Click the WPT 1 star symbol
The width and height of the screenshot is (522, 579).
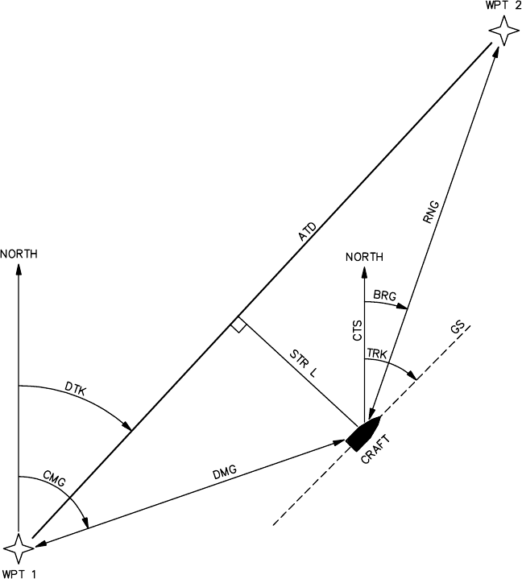(x=19, y=548)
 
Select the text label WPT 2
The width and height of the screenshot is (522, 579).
(x=503, y=6)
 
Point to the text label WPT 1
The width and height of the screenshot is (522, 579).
(x=19, y=573)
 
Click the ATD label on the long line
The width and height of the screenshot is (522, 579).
(x=307, y=231)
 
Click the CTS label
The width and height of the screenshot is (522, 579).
(x=358, y=331)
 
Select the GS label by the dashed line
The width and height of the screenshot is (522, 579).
(x=458, y=329)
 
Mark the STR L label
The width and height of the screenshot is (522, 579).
(x=305, y=362)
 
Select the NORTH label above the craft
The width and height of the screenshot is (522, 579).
(x=364, y=257)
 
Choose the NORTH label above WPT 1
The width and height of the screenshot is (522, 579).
(x=19, y=254)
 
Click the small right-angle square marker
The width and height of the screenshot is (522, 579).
(x=238, y=325)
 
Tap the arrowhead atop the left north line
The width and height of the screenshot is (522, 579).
(x=19, y=268)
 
